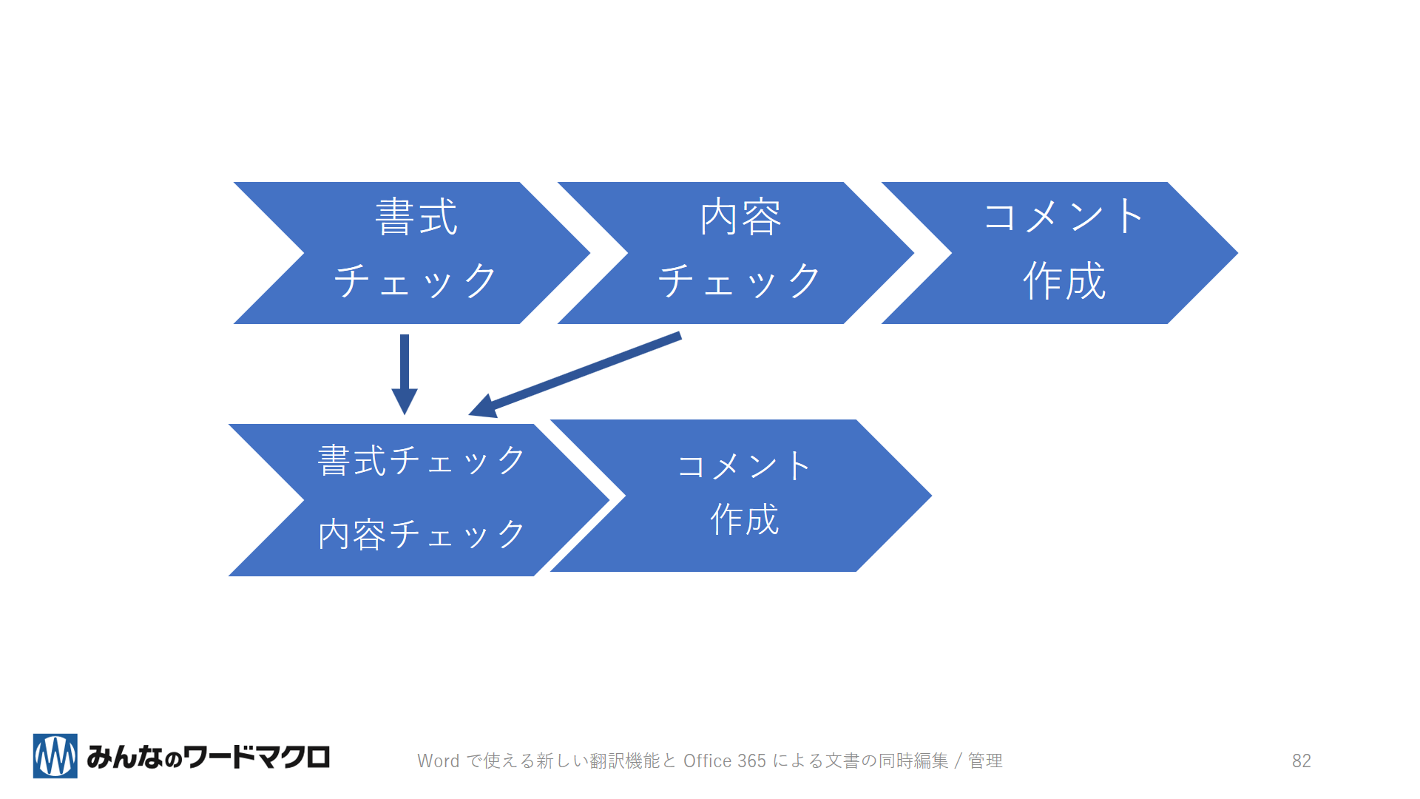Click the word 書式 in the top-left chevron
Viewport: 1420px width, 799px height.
click(x=416, y=217)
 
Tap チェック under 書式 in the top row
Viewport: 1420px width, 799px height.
click(x=416, y=281)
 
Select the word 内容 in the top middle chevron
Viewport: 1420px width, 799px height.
click(x=740, y=217)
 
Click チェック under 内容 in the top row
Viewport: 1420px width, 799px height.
click(x=740, y=281)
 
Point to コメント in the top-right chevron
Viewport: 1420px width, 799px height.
click(x=1064, y=217)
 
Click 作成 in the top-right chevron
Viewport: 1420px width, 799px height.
click(x=1064, y=281)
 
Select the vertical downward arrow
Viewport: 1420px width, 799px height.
click(x=405, y=374)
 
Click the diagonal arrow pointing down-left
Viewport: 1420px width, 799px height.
click(x=575, y=375)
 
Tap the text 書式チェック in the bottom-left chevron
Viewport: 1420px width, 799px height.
click(x=422, y=460)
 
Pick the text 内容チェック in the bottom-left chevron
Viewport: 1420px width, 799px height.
click(x=422, y=534)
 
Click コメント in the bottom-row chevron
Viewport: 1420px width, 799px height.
click(x=744, y=466)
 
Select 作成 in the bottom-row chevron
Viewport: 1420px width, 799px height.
click(x=745, y=519)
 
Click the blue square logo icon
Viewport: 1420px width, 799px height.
click(x=55, y=756)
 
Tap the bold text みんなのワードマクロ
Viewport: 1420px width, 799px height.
click(x=208, y=757)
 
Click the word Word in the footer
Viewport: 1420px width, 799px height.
click(x=439, y=761)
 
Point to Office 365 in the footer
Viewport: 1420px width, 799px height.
click(x=725, y=761)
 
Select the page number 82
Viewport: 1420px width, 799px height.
click(x=1302, y=761)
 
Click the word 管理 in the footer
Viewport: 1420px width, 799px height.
click(x=985, y=761)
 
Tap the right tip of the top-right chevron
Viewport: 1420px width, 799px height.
click(x=1238, y=253)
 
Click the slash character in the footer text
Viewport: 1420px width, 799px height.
click(x=958, y=761)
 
